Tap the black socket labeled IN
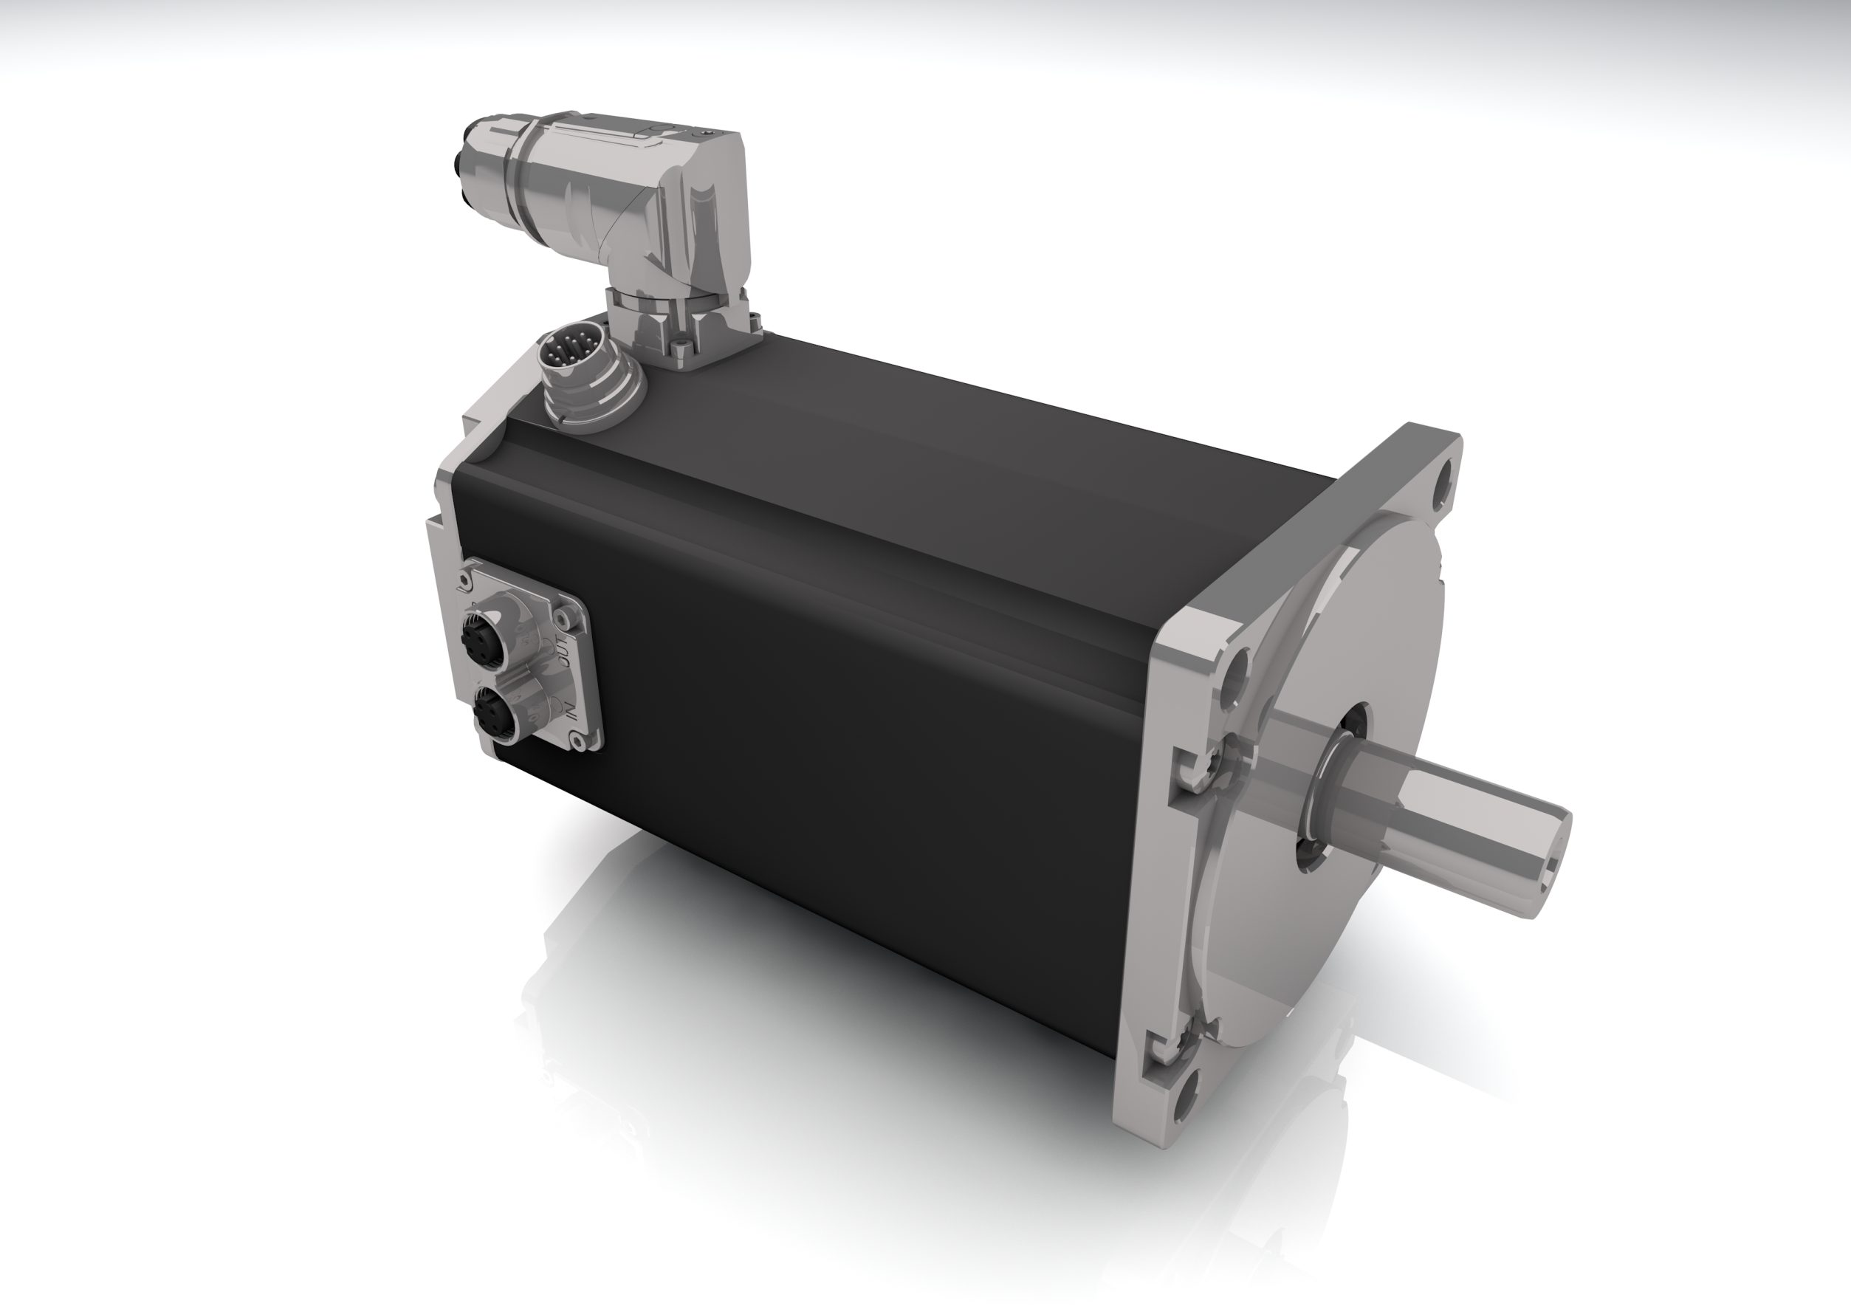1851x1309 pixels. point(486,711)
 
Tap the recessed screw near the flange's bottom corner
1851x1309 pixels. point(1184,1045)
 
